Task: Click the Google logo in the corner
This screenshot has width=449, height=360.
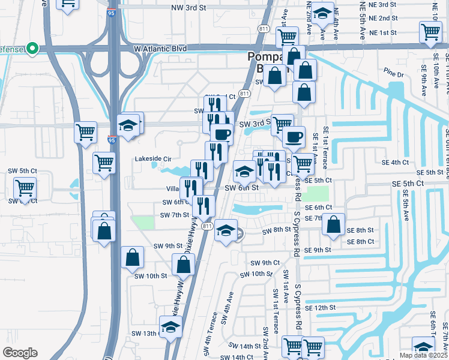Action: [x=20, y=353]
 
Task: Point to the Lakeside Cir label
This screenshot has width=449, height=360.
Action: [x=154, y=160]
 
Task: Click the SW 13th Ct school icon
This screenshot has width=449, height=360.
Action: [x=170, y=328]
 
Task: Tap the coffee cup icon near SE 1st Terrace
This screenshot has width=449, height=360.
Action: [x=294, y=137]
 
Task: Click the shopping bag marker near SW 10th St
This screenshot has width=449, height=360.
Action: [x=132, y=258]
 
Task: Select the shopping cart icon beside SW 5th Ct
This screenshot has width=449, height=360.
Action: [x=25, y=188]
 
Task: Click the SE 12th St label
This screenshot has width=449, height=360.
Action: [x=319, y=307]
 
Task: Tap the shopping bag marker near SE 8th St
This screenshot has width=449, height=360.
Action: [x=333, y=224]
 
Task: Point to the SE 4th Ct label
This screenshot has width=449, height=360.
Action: [x=395, y=162]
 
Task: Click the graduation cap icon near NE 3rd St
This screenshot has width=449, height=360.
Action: [x=323, y=12]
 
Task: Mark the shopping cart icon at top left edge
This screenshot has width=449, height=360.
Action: [x=68, y=3]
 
